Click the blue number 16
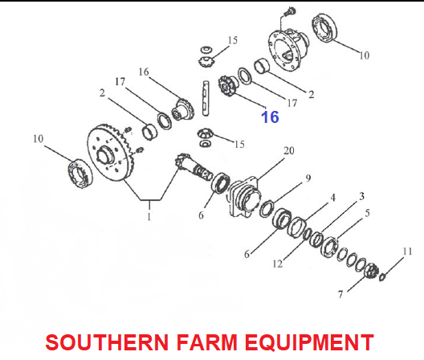(x=270, y=117)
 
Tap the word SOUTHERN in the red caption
(x=107, y=342)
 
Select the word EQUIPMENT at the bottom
(x=309, y=342)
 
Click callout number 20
(x=288, y=150)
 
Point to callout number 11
(x=407, y=252)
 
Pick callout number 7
(x=340, y=294)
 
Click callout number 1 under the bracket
(x=149, y=217)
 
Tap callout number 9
(x=308, y=178)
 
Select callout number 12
(x=278, y=264)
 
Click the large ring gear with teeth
(x=110, y=153)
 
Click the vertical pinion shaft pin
(x=206, y=98)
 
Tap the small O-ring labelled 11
(x=381, y=277)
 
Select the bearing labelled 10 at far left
(x=79, y=174)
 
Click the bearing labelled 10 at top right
(x=324, y=27)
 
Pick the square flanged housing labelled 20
(x=245, y=197)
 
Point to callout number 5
(x=367, y=213)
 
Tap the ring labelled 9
(x=267, y=209)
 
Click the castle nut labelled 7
(x=372, y=271)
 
